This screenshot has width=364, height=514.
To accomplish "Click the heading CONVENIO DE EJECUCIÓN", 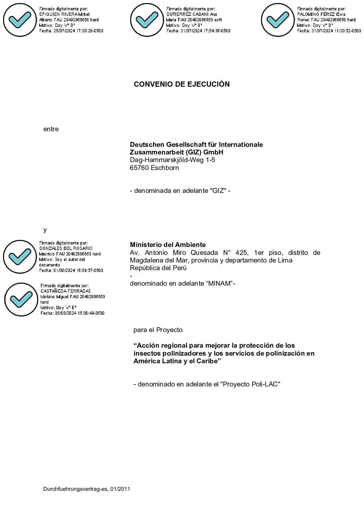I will coord(182,84).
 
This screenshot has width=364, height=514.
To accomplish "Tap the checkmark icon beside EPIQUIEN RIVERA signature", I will coord(20,20).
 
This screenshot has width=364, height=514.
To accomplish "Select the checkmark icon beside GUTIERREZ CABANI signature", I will coord(147,20).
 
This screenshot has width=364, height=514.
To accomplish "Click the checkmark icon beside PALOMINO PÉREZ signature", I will coord(278,20).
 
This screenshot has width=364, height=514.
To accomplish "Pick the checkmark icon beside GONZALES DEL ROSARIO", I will coord(20,257).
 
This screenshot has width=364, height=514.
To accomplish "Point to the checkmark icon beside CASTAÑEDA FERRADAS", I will coord(21,299).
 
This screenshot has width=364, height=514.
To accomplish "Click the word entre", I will coord(51,129).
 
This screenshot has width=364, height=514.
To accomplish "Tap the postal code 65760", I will coord(139,168).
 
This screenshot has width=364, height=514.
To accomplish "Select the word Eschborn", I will coord(165,168).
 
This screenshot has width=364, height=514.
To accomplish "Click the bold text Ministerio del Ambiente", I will coord(168,244).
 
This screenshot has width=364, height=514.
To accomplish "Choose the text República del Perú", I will coord(158,268).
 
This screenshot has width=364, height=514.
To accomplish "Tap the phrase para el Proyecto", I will coord(158,330).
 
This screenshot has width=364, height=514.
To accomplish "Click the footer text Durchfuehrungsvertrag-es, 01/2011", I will coord(86,489).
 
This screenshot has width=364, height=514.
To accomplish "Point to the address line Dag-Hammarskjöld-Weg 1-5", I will coord(172,160).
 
